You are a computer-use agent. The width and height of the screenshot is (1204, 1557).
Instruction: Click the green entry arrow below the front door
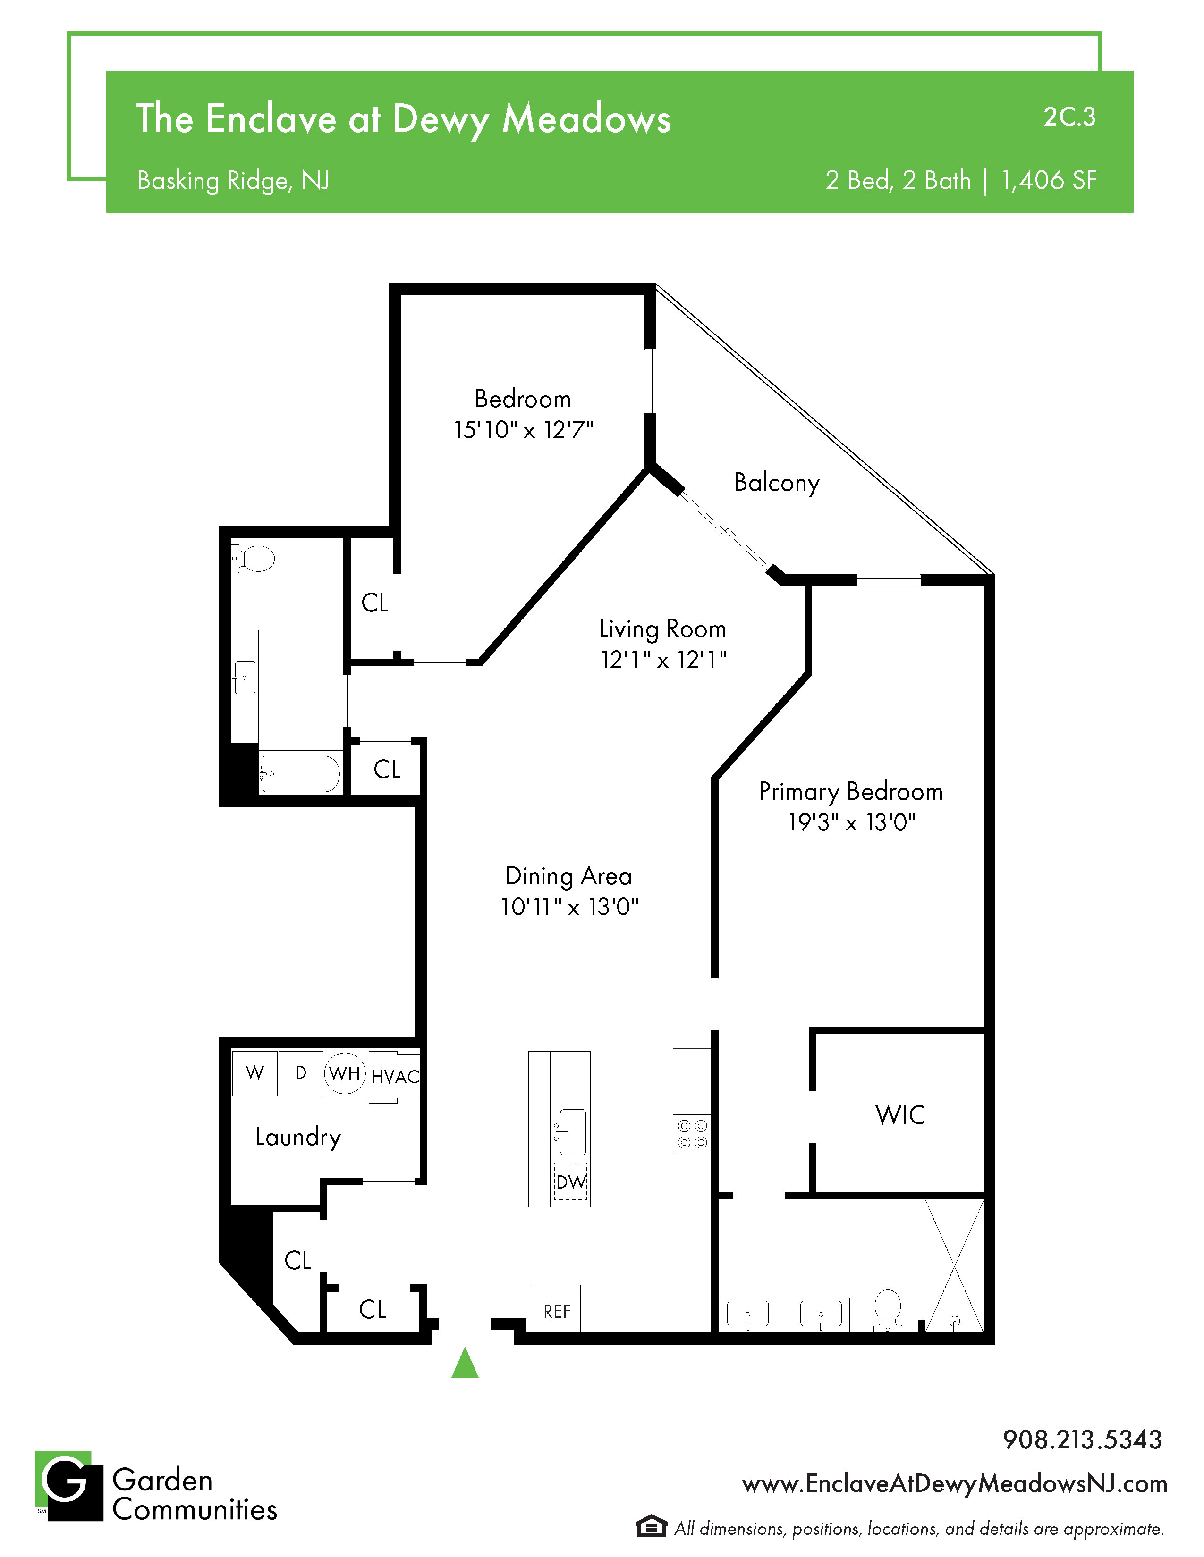[x=465, y=1363]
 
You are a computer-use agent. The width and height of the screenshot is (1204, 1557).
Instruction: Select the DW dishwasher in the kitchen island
[x=571, y=1182]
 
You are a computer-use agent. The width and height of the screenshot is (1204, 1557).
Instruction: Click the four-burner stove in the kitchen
[x=692, y=1134]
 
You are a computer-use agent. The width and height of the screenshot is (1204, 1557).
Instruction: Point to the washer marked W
[x=254, y=1073]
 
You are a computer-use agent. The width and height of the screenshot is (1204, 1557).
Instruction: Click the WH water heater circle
[x=345, y=1073]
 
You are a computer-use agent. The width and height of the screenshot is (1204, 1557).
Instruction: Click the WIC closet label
[x=900, y=1115]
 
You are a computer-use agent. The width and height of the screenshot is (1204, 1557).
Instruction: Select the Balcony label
[x=777, y=483]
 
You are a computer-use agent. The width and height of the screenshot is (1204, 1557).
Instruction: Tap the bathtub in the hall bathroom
[x=299, y=773]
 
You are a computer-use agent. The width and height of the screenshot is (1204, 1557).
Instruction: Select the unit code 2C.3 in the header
[x=1069, y=117]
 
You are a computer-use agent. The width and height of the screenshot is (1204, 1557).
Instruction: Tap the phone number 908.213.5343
[x=1082, y=1440]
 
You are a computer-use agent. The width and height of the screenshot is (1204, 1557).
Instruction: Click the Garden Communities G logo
[x=69, y=1486]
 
